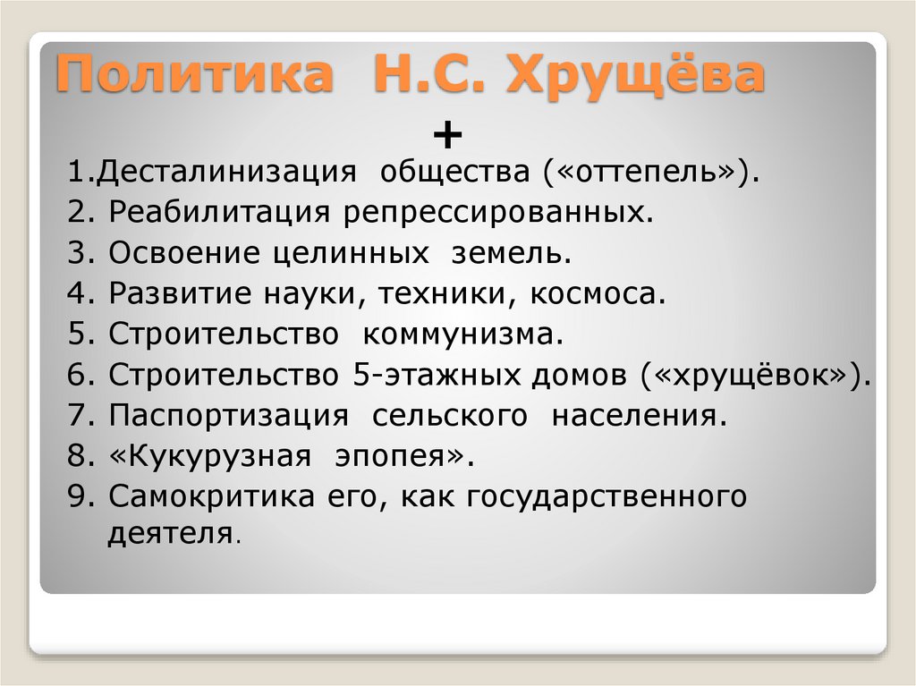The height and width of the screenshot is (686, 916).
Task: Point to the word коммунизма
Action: click(462, 335)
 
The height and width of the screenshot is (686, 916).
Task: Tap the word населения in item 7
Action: click(634, 416)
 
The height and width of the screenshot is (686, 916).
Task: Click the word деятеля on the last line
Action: click(171, 535)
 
